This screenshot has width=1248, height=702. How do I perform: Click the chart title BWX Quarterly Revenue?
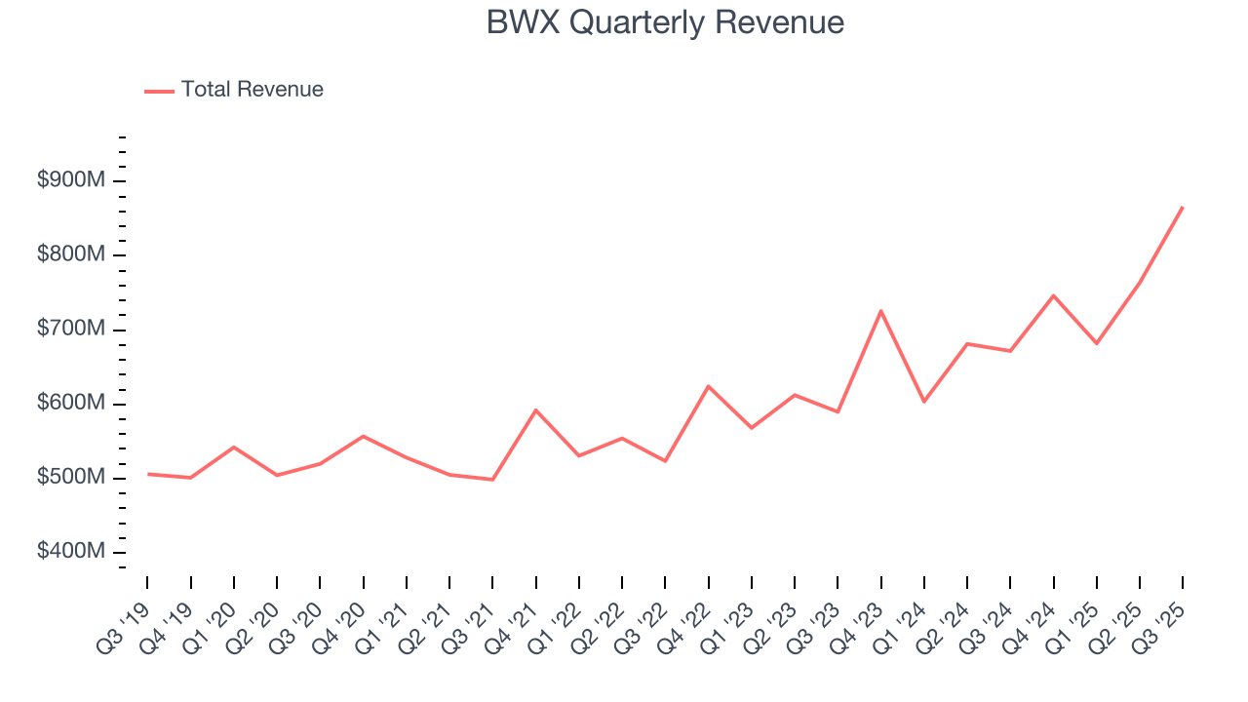(665, 22)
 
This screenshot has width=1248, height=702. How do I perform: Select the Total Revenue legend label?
(252, 90)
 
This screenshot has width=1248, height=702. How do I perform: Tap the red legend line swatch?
(159, 91)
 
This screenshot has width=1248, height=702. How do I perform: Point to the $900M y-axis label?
(71, 181)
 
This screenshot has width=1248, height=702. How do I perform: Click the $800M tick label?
(71, 255)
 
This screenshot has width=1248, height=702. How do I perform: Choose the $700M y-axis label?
(71, 330)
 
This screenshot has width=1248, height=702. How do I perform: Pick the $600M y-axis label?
(71, 404)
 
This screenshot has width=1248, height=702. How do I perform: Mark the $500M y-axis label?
(71, 478)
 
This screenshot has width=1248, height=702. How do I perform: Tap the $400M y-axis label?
(71, 552)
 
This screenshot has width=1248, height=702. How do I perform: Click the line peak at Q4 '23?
(880, 311)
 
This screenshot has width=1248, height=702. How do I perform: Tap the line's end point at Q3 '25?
(1183, 207)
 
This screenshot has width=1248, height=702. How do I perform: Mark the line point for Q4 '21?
(535, 409)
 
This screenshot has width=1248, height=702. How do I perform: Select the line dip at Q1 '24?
(923, 402)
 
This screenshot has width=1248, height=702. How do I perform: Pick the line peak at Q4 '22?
(708, 386)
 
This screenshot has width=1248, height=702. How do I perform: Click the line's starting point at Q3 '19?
(147, 474)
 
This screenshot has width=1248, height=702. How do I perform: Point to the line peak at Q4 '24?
(1053, 295)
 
